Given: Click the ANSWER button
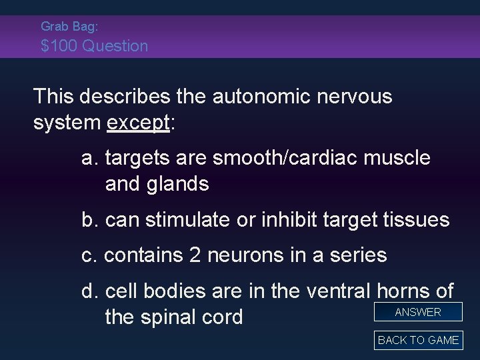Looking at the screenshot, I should coord(418,312).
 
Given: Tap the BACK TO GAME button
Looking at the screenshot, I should coord(418,340).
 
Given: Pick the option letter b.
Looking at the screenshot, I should coord(89,219).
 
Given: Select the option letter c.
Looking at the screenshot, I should coord(89,255).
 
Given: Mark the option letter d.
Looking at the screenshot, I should coord(89,291).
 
